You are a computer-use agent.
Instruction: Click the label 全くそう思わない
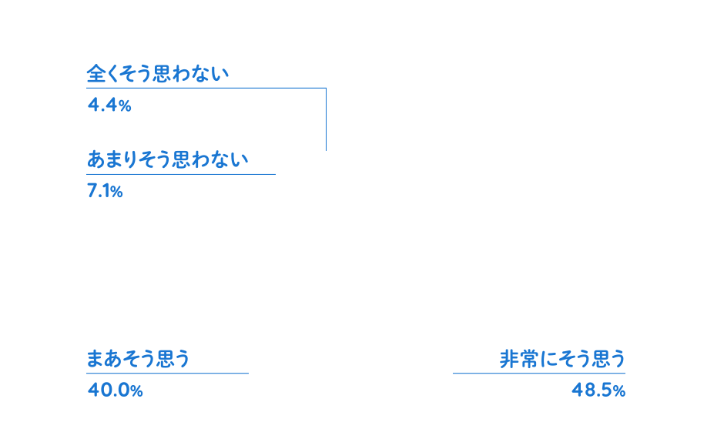(x=158, y=75)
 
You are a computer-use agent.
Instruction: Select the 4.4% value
(x=109, y=106)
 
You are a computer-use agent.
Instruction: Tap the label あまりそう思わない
(x=168, y=160)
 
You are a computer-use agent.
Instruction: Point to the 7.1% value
(x=105, y=191)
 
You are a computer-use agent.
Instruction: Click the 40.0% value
(x=115, y=390)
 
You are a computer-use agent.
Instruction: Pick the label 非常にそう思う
(x=562, y=360)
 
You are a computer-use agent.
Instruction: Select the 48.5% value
(x=598, y=390)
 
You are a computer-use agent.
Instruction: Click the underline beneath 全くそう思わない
(x=206, y=89)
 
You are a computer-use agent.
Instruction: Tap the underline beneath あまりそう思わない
(x=181, y=174)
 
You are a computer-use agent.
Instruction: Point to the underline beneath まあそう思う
(x=167, y=374)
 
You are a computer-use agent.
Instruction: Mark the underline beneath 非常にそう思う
(x=538, y=374)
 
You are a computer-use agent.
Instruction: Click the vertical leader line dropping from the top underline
(x=326, y=119)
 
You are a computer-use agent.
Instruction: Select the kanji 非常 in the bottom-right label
(x=518, y=360)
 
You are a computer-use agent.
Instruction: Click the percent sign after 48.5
(x=619, y=392)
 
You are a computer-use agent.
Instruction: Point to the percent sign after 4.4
(x=126, y=107)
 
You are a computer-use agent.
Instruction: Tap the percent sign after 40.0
(x=137, y=392)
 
